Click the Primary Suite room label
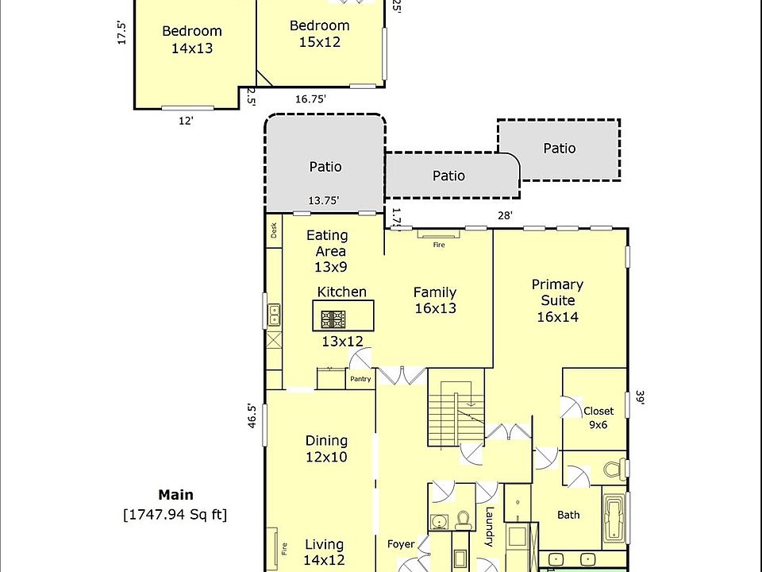557,300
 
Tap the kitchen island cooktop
333,319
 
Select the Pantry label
360,379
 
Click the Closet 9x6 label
598,418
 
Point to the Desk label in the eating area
274,231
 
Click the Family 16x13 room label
435,300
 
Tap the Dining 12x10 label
326,449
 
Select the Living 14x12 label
325,552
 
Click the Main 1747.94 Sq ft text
175,505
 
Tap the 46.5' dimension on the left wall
252,415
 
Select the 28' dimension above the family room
505,215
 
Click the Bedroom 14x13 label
192,40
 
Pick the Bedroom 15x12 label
319,33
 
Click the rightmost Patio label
560,149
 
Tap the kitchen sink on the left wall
274,315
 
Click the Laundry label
490,527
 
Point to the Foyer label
401,544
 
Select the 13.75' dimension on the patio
324,201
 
